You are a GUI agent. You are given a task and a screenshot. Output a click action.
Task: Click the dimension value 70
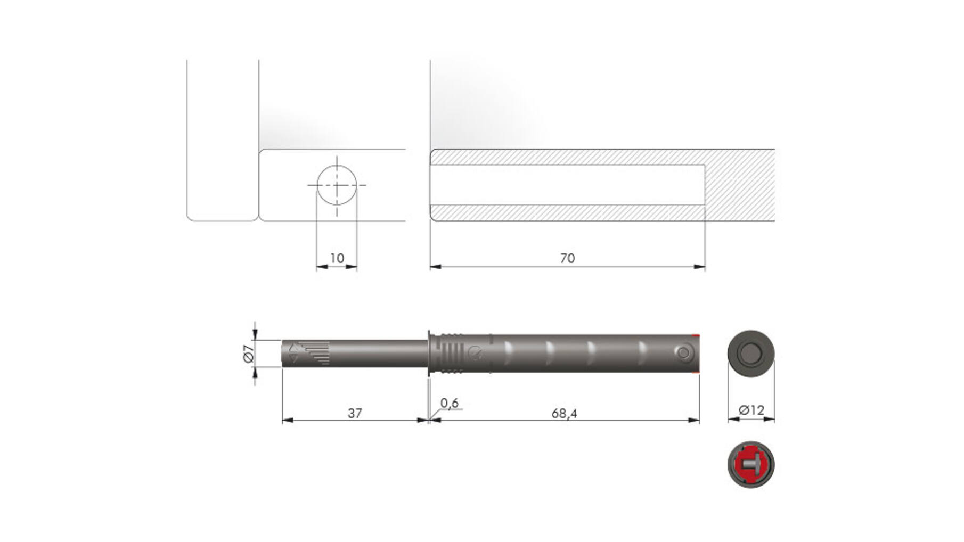point(567,258)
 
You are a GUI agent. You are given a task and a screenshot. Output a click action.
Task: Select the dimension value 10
point(337,258)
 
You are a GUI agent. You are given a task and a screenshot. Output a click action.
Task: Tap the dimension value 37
point(355,413)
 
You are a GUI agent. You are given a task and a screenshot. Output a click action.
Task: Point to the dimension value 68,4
point(565,414)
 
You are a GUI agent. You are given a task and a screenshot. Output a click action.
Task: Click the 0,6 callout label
point(450,403)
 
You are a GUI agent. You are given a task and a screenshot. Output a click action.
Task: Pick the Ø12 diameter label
point(751,410)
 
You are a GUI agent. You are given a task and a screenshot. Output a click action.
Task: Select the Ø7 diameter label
point(248,354)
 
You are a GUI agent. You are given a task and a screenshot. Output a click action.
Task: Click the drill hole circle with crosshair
point(337,185)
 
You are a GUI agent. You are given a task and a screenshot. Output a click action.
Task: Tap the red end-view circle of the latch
point(751,464)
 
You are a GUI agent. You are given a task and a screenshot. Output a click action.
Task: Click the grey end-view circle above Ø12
point(751,353)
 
